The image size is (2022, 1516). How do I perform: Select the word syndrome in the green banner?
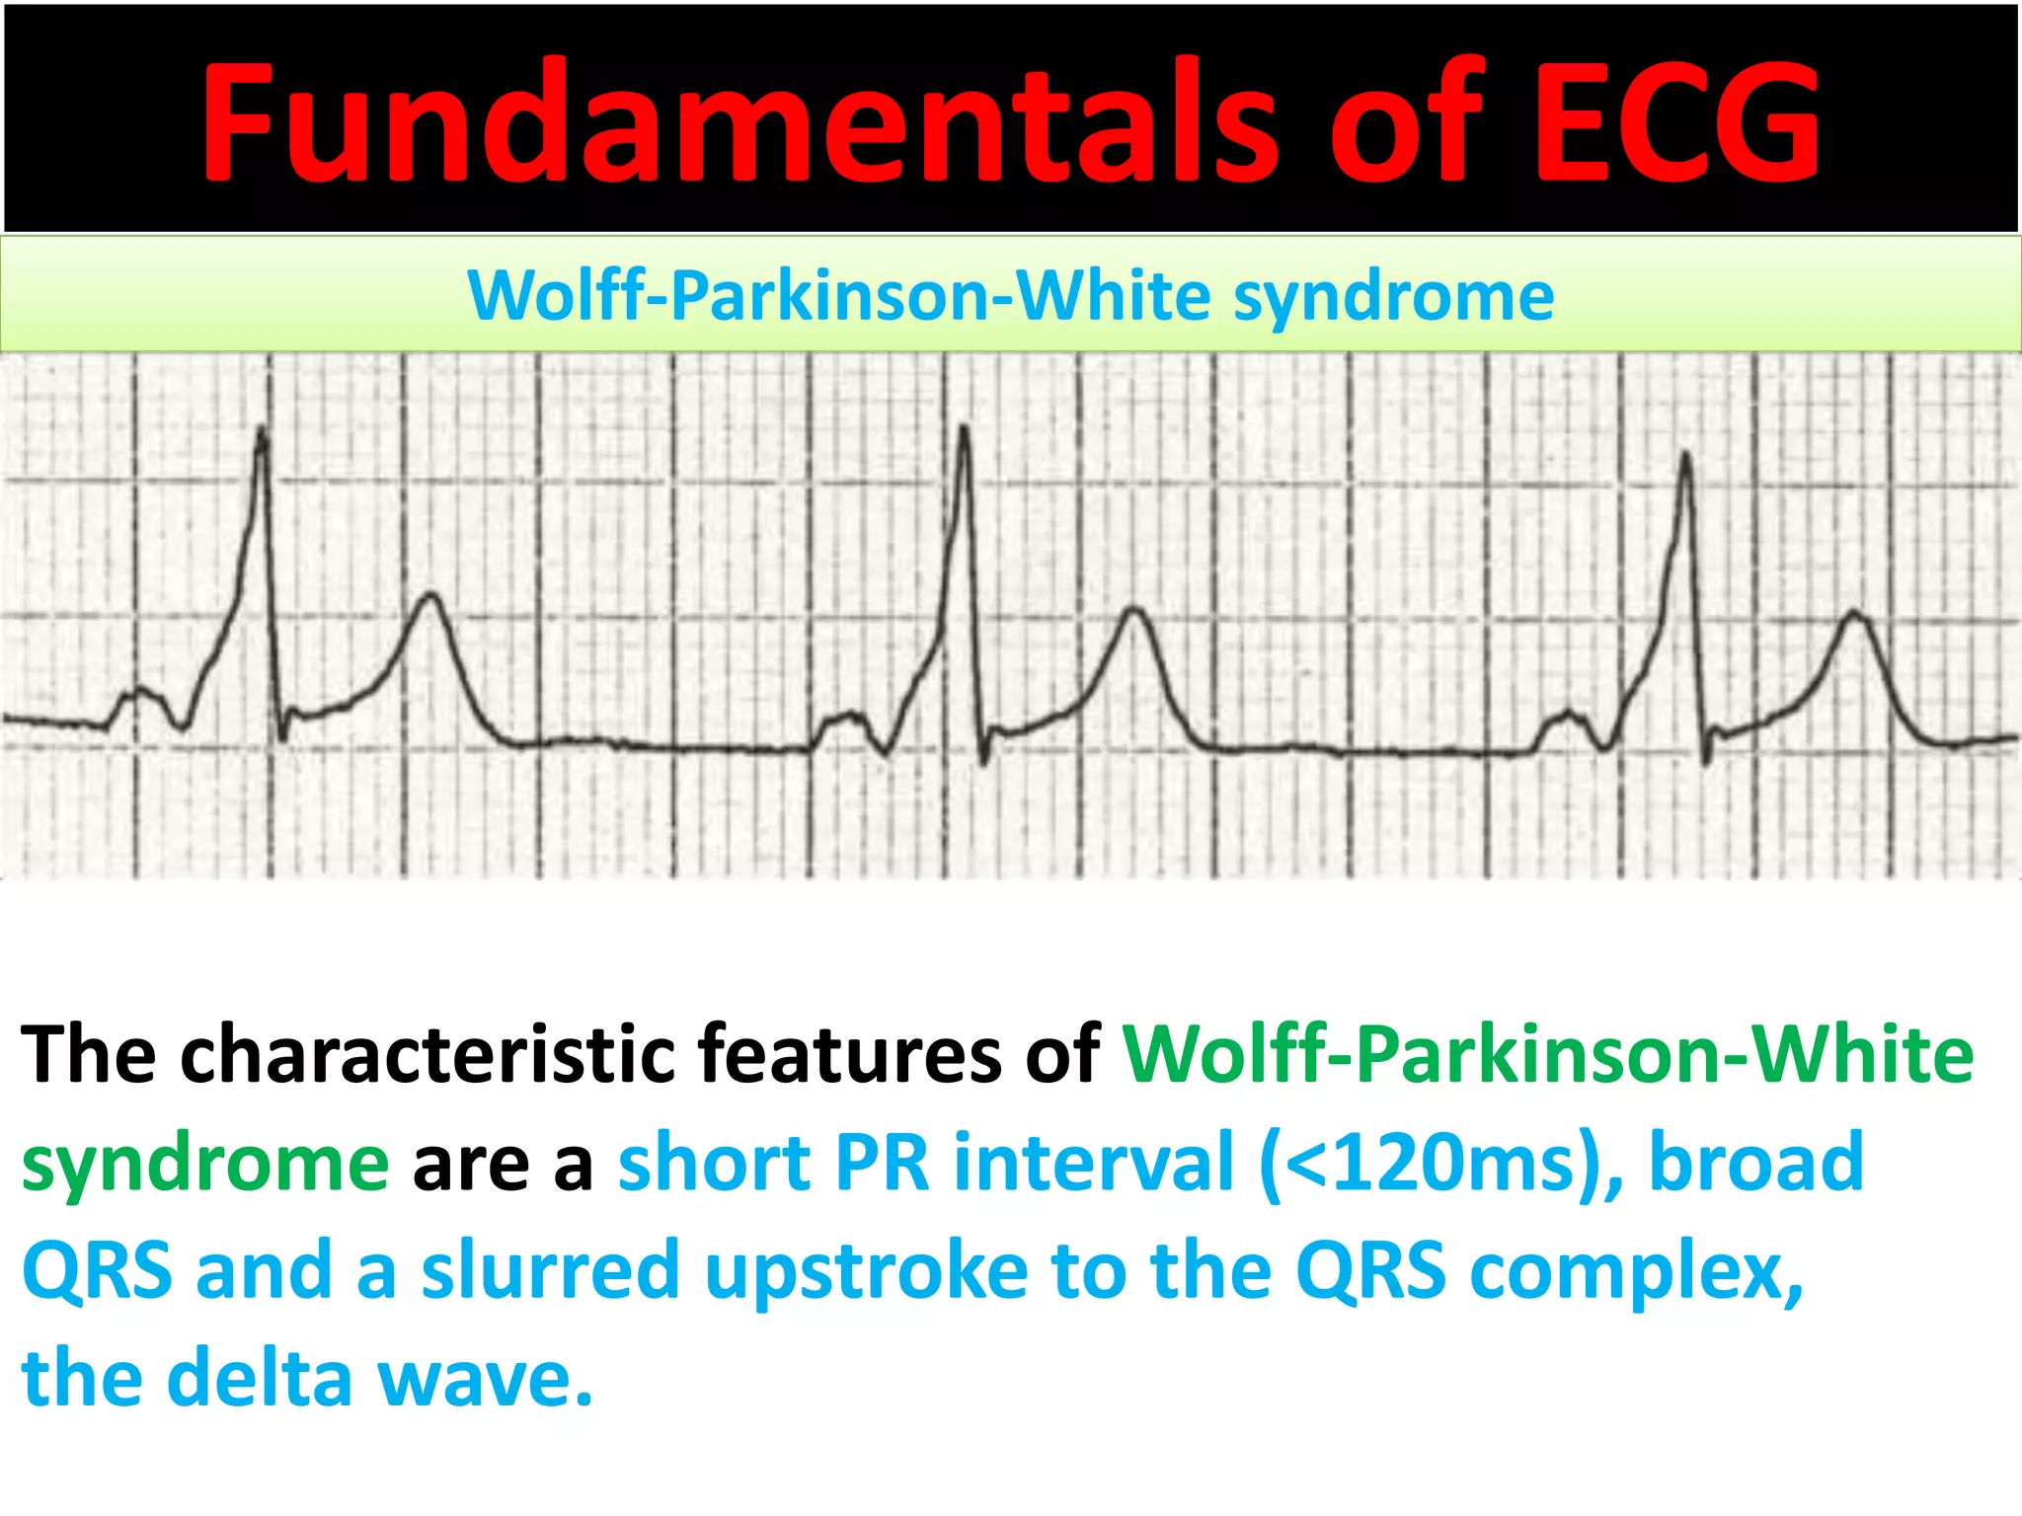point(1393,296)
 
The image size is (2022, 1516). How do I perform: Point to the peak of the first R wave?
point(262,429)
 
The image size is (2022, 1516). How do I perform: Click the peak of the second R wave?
point(963,427)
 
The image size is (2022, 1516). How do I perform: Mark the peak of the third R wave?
point(1686,454)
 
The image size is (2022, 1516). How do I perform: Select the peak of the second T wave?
point(1136,609)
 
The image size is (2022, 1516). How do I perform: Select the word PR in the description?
point(882,1163)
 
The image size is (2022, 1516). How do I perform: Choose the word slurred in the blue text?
point(551,1270)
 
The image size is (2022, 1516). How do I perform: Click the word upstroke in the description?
point(866,1270)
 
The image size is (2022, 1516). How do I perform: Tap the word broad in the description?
point(1756,1163)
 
